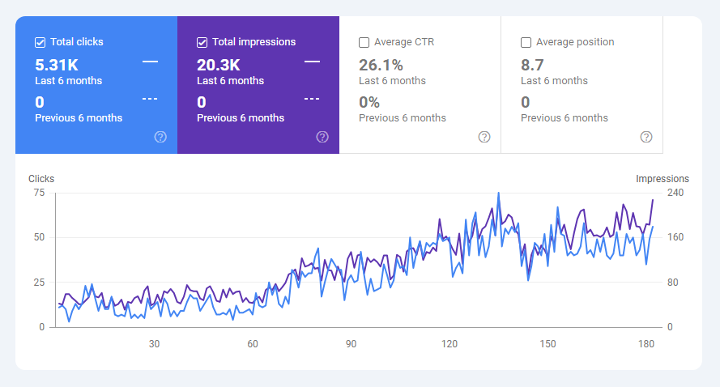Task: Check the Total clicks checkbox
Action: (40, 42)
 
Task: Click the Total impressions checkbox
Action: (202, 42)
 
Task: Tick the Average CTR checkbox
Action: (364, 42)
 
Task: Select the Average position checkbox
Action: (526, 42)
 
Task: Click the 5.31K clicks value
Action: (57, 65)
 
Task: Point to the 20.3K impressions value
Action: (219, 65)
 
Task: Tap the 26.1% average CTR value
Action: (381, 65)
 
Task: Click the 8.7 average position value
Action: (531, 65)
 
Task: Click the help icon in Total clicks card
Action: (160, 137)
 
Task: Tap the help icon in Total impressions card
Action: (322, 137)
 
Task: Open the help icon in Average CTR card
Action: (484, 137)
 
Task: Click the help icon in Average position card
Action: (646, 137)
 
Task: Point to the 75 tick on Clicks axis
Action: (39, 193)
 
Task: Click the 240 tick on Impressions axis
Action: (675, 193)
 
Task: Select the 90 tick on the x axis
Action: (351, 344)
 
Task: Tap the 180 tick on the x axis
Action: (646, 344)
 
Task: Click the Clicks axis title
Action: (41, 179)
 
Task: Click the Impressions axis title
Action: (662, 179)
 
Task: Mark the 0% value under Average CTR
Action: (369, 102)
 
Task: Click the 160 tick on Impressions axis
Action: (675, 237)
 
